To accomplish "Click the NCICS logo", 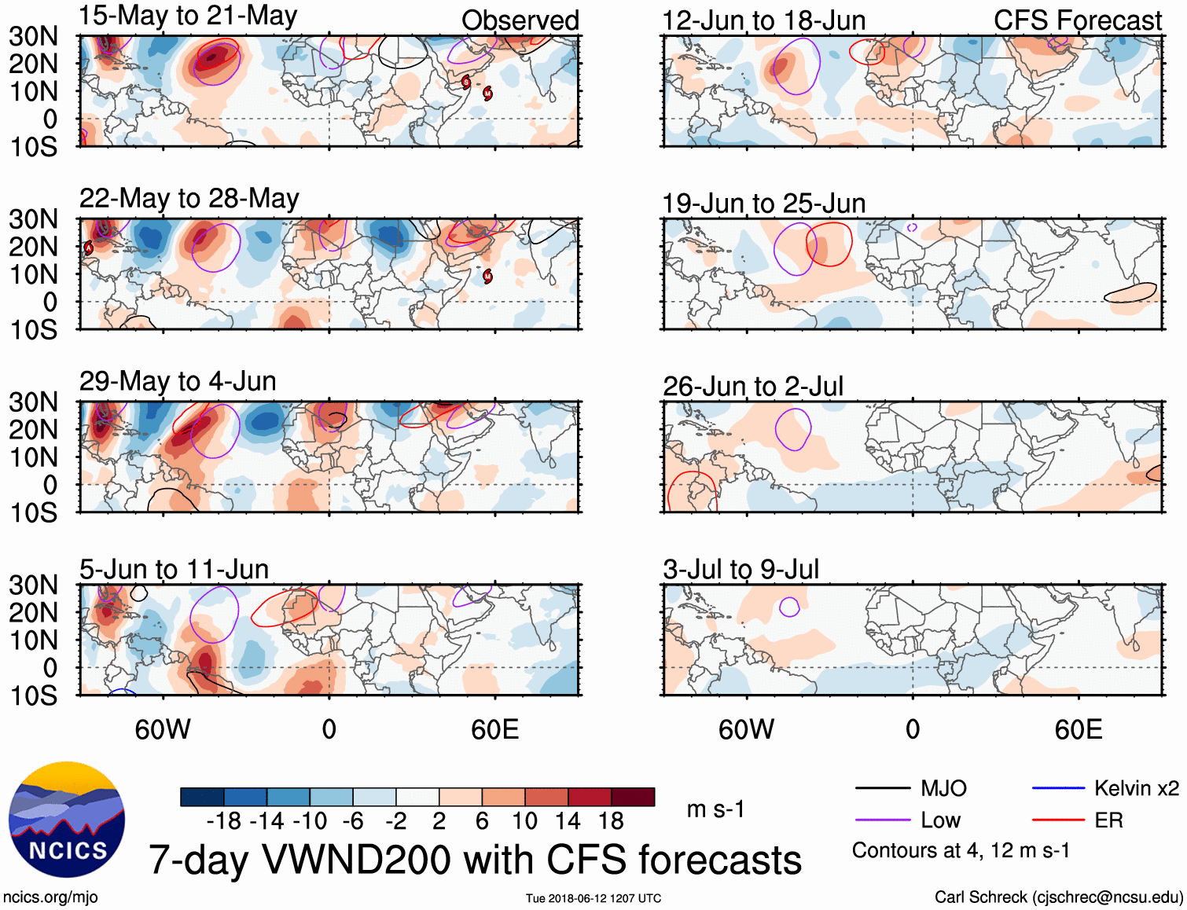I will click(67, 820).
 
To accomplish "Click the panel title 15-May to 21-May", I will click(188, 17).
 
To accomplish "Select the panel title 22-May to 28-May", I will click(189, 199).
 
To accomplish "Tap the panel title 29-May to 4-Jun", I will click(178, 382).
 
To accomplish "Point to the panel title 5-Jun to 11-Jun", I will click(174, 569).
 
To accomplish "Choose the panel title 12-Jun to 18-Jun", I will click(763, 21).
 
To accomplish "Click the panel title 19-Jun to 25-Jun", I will click(763, 204).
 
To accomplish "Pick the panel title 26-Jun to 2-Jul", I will click(752, 387).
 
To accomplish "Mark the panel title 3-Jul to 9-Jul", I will click(740, 569).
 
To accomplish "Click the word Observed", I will click(520, 21).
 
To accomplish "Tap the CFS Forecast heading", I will click(1077, 21).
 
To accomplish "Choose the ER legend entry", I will click(1108, 820).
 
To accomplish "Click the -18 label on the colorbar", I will click(224, 821).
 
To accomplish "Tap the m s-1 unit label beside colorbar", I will click(715, 809).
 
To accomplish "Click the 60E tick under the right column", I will click(1078, 729).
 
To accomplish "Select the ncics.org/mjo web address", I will click(50, 897).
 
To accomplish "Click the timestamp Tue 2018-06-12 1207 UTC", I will click(593, 898).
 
